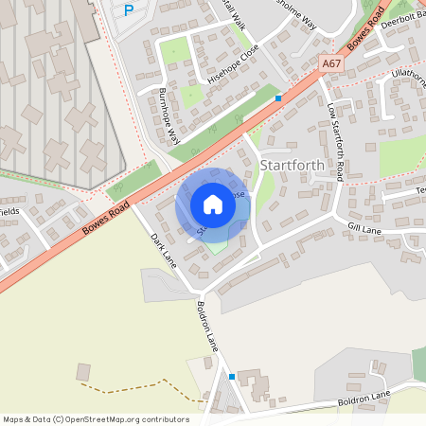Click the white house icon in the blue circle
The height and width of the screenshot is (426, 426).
click(x=212, y=204)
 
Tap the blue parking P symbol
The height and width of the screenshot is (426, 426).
click(x=130, y=10)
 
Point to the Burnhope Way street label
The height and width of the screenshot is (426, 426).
click(x=169, y=115)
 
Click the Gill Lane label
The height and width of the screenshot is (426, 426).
click(x=364, y=227)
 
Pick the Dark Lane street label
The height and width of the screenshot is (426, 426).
click(x=164, y=249)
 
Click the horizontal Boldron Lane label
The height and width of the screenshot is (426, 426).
click(x=363, y=399)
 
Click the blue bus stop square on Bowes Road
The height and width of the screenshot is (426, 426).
click(x=278, y=98)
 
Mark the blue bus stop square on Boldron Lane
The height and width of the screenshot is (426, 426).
click(x=232, y=376)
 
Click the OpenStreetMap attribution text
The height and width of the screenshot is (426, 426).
click(x=96, y=419)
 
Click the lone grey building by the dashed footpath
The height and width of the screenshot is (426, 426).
click(x=83, y=372)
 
